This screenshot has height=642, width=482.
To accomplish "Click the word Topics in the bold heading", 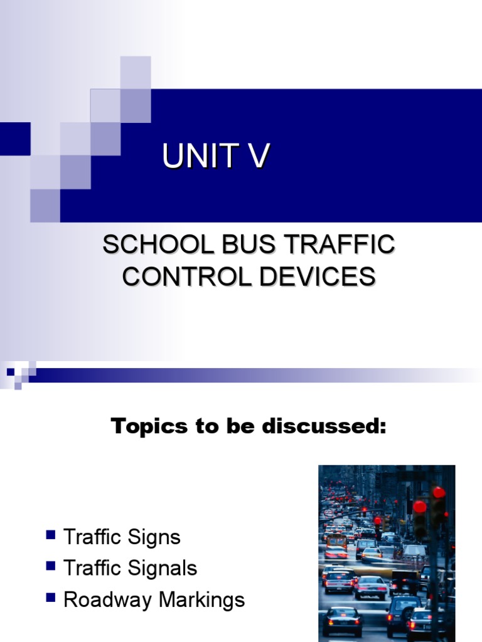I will pos(147,427).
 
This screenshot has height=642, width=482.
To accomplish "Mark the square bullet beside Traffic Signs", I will pos(51,535).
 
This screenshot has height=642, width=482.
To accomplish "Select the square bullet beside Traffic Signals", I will pos(51,566).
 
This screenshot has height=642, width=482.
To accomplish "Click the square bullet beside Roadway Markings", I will pos(51,597).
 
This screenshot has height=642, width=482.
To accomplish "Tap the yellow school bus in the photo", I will pos(337,540).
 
